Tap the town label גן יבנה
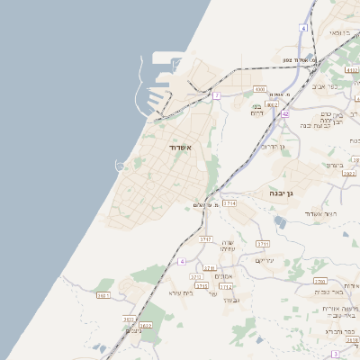[283, 193]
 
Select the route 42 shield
[285, 114]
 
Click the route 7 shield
[217, 94]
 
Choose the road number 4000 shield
[259, 90]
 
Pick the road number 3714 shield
[229, 203]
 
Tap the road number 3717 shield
[206, 239]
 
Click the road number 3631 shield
[130, 319]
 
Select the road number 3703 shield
[319, 281]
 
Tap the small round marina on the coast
[120, 165]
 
